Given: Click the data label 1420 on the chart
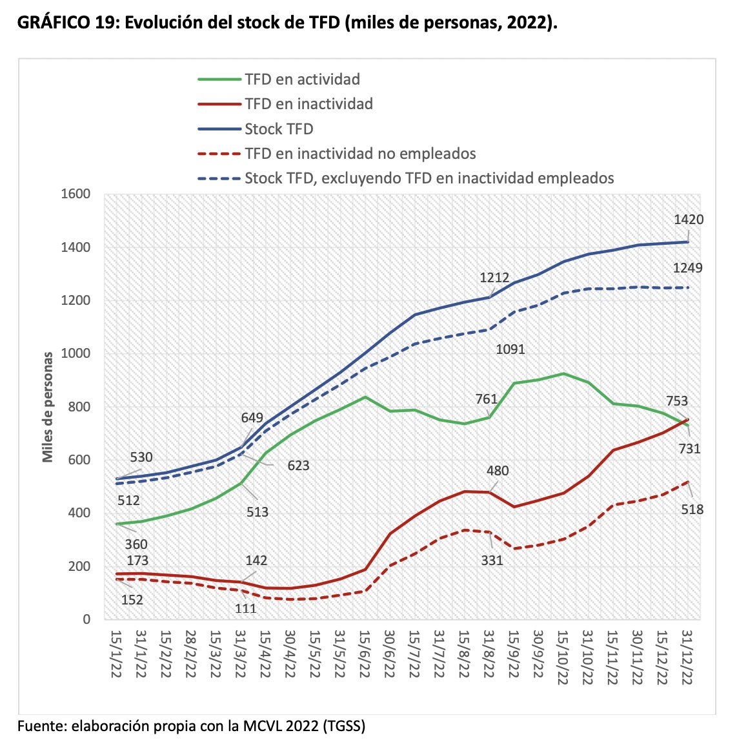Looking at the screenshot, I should [x=689, y=220].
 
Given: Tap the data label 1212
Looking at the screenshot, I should [x=494, y=278].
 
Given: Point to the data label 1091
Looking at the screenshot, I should [x=510, y=349].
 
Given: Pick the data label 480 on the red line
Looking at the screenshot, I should [x=498, y=471].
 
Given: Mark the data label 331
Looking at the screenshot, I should [x=492, y=561].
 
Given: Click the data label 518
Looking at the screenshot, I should [x=691, y=510].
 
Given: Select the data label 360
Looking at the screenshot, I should [x=136, y=544].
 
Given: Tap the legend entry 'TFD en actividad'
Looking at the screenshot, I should [x=302, y=79].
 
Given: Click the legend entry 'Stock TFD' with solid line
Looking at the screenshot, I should [x=279, y=129].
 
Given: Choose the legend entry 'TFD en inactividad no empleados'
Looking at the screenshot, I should [x=360, y=154].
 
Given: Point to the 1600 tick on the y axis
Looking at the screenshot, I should [x=76, y=194].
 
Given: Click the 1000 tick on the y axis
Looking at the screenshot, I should [x=76, y=353].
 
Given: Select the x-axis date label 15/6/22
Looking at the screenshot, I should [x=363, y=654].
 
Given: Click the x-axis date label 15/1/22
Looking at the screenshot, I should [x=116, y=654].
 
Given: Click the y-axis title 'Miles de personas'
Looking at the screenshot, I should [x=48, y=407].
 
